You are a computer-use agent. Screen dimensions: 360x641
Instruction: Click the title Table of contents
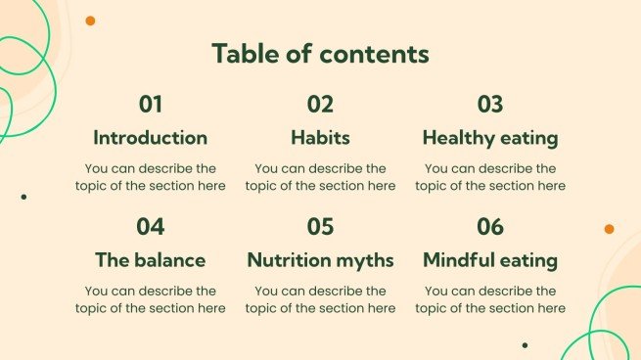click(320, 54)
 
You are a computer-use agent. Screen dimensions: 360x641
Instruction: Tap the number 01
click(151, 105)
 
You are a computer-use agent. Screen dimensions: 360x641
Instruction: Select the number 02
click(320, 105)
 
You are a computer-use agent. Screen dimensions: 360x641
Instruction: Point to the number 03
click(489, 105)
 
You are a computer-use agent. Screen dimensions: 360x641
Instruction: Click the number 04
click(151, 227)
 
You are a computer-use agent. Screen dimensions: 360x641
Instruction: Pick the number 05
click(320, 227)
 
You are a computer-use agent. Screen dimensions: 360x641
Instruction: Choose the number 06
click(489, 227)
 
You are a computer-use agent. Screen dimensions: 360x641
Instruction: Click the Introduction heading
click(151, 138)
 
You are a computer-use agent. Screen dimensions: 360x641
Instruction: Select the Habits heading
click(320, 138)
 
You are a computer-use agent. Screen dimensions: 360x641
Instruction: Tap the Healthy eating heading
click(489, 138)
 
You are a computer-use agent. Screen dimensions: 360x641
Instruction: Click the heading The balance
click(151, 260)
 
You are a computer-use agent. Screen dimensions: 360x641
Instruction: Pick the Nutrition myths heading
click(320, 260)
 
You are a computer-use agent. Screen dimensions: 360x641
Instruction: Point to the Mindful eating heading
click(489, 260)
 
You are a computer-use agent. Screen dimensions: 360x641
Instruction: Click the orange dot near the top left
click(90, 21)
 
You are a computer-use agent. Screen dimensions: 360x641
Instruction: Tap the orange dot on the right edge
click(609, 229)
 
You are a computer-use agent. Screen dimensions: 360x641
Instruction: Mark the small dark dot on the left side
click(23, 197)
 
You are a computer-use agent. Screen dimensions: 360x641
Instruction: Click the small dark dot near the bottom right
click(525, 344)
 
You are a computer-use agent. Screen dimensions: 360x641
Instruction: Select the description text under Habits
click(320, 177)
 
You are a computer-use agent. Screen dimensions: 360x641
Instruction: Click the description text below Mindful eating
click(489, 299)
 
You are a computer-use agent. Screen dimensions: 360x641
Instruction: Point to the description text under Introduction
click(151, 177)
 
